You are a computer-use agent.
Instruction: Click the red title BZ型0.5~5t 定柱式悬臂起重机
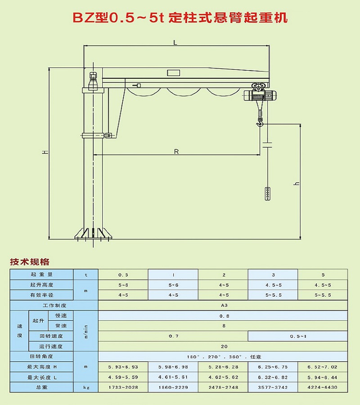[x=180, y=18]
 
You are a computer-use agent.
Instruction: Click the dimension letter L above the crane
[x=175, y=42]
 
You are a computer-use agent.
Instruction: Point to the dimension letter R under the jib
[x=176, y=152]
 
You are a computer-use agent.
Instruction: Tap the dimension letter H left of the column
[x=45, y=152]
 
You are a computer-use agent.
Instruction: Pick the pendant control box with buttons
[x=268, y=193]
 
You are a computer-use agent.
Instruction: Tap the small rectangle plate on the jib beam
[x=173, y=73]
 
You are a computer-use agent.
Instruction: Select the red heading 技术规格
[x=30, y=262]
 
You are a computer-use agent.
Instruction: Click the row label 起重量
[x=42, y=274]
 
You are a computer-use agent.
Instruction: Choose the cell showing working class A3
[x=224, y=305]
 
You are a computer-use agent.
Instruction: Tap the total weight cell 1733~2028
[x=123, y=387]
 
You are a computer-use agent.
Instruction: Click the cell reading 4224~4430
[x=323, y=387]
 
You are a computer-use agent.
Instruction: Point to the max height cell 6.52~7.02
[x=323, y=367]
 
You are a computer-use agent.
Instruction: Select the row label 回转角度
[x=42, y=357]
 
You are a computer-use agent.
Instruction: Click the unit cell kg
[x=85, y=387]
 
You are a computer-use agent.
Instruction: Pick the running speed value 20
[x=224, y=346]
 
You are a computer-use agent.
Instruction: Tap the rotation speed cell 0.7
[x=173, y=336]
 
